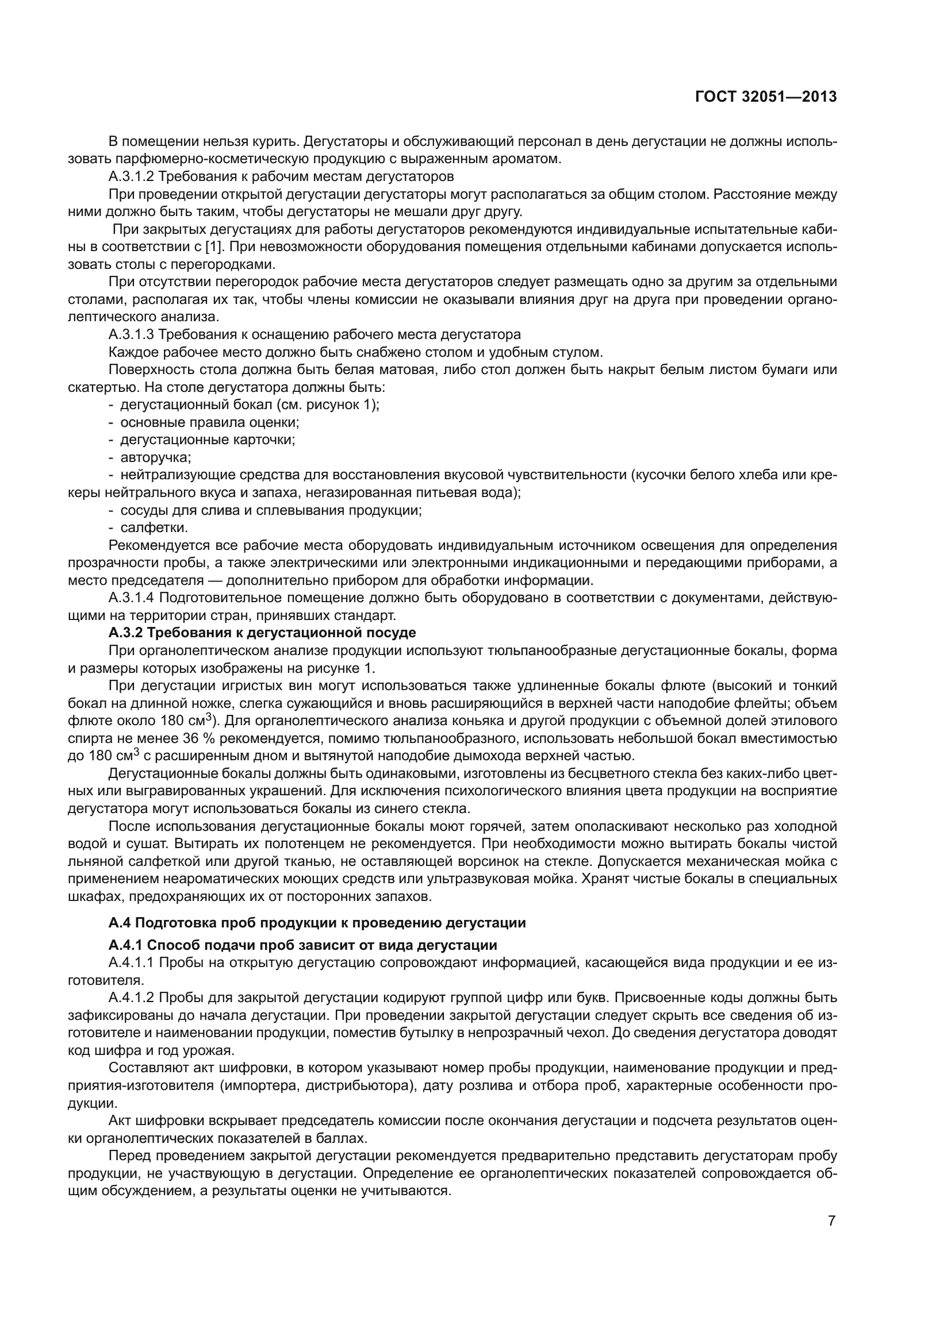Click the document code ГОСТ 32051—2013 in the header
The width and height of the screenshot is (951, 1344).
pyautogui.click(x=765, y=97)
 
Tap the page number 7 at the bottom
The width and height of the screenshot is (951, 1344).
pyautogui.click(x=831, y=1220)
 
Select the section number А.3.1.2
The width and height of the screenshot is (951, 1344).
pyautogui.click(x=131, y=176)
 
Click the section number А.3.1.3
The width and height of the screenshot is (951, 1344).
pyautogui.click(x=131, y=334)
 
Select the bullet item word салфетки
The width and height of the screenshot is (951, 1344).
pyautogui.click(x=154, y=527)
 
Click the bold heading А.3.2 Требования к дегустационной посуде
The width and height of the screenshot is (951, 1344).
pyautogui.click(x=262, y=633)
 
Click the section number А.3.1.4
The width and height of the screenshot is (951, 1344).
pyautogui.click(x=131, y=598)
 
